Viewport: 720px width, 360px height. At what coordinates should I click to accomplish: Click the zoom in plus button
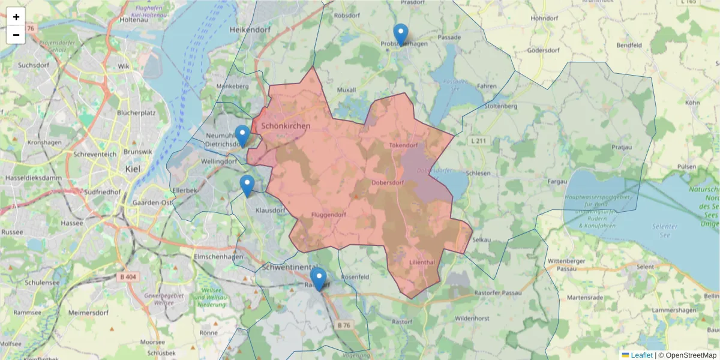pyautogui.click(x=16, y=16)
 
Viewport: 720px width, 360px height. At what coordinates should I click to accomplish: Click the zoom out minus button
pyautogui.click(x=16, y=35)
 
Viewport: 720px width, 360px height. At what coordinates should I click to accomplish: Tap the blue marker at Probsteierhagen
pyautogui.click(x=400, y=35)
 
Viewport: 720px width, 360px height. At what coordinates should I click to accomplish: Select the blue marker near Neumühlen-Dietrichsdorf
pyautogui.click(x=242, y=136)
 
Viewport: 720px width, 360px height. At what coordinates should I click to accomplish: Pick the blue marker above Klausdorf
pyautogui.click(x=247, y=186)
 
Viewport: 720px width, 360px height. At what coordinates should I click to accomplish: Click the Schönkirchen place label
pyautogui.click(x=286, y=126)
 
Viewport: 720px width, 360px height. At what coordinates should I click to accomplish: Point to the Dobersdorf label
pyautogui.click(x=390, y=182)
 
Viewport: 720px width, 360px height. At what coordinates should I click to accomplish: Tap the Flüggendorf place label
pyautogui.click(x=329, y=215)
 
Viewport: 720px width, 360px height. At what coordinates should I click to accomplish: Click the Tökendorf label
pyautogui.click(x=403, y=145)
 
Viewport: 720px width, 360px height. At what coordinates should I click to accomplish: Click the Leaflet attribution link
pyautogui.click(x=641, y=355)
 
